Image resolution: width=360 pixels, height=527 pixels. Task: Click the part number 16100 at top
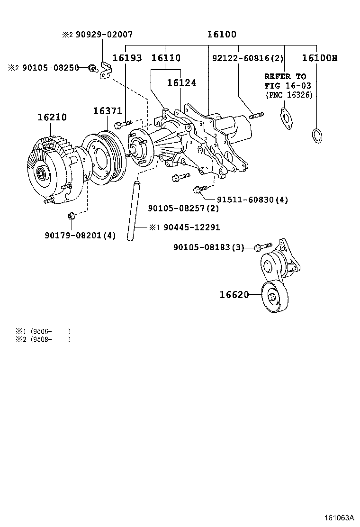coord(222,35)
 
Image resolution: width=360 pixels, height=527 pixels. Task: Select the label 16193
coord(126,58)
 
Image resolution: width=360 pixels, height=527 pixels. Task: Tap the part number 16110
coord(166,58)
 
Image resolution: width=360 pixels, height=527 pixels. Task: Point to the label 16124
coord(181,82)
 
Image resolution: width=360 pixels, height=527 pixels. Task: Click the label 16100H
coord(320,58)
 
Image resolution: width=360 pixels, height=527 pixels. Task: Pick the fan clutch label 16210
coord(52,117)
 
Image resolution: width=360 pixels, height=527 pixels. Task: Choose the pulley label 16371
coord(108,111)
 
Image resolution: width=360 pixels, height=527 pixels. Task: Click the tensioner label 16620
coord(234,295)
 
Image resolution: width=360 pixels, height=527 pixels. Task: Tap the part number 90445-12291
coord(191,227)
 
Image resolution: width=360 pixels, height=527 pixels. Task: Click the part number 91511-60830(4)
coord(246,200)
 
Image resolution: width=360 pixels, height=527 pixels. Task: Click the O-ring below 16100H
coord(318,135)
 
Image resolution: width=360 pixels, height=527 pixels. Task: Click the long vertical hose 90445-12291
coord(134,209)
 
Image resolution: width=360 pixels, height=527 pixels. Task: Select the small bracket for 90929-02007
coord(105,71)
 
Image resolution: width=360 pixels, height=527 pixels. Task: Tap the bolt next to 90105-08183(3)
coord(263,247)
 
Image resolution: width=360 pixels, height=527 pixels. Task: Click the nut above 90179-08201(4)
coord(71,216)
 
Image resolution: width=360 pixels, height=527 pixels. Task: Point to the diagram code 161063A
coord(339,518)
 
